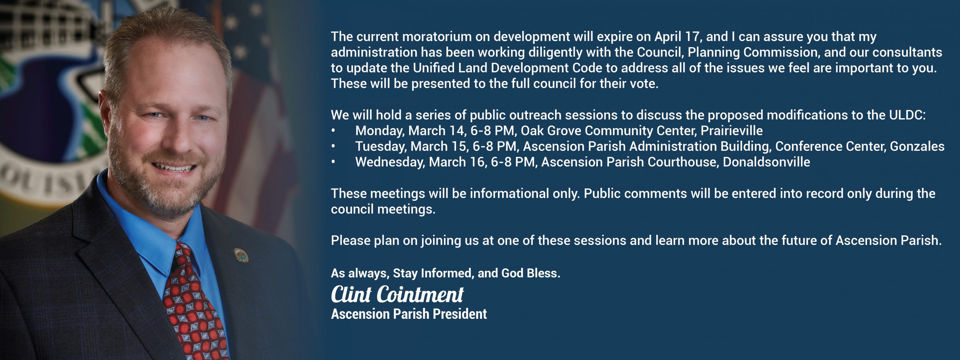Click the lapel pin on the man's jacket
[x=238, y=255]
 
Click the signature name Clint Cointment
[x=397, y=294]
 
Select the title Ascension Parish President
[x=409, y=314]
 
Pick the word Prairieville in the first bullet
[x=732, y=130]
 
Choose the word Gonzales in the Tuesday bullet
[x=917, y=146]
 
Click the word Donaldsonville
[x=766, y=162]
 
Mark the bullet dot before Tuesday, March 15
[x=333, y=146]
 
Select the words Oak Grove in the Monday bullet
[x=551, y=130]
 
